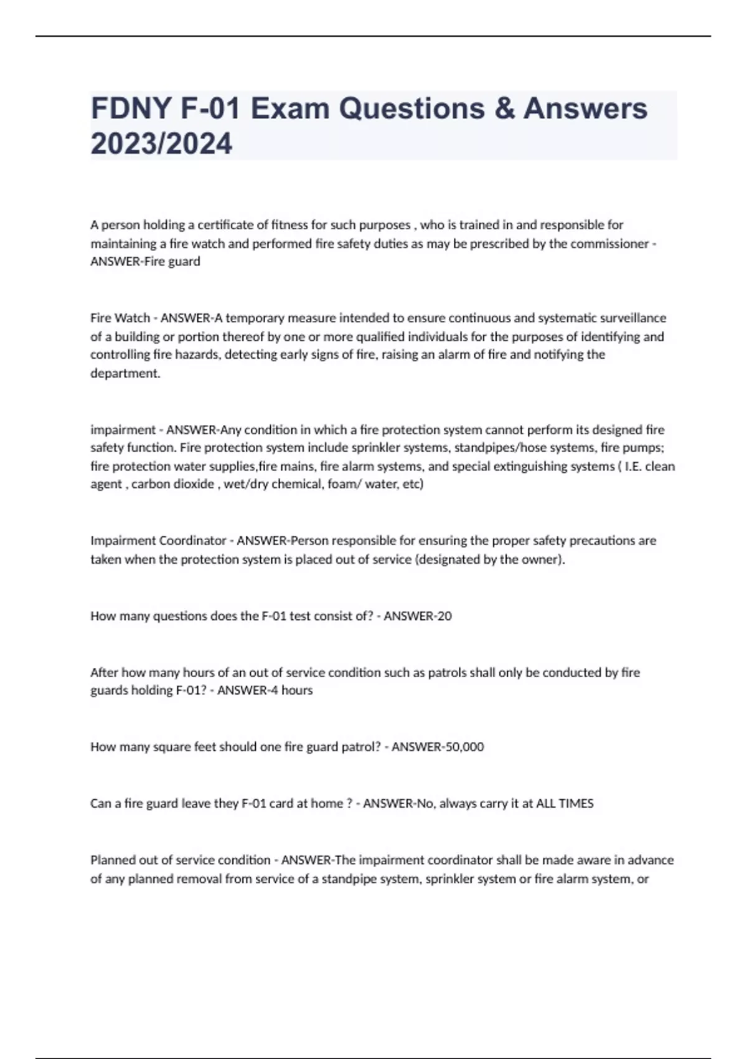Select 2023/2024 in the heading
coord(161,144)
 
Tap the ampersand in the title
coord(504,108)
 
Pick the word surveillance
coord(632,318)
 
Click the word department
coord(124,373)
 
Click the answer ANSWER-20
coord(418,615)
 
